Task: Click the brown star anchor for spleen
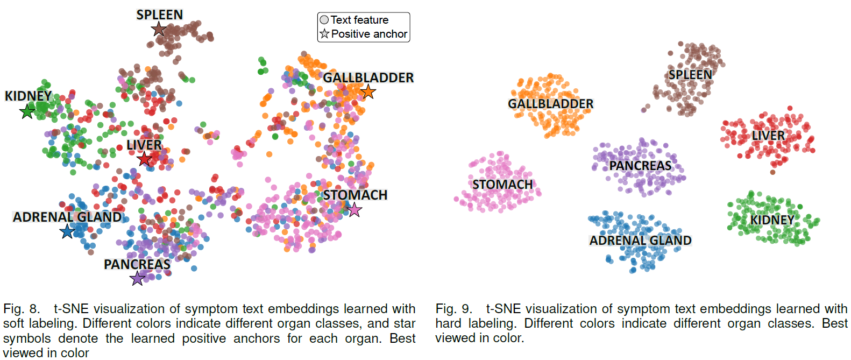159,29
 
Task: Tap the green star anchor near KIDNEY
27,112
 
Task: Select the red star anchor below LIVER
144,159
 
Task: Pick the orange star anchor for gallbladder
368,91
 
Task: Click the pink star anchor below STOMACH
354,209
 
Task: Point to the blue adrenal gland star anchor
67,231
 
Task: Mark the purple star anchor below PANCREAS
138,279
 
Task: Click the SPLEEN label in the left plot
160,15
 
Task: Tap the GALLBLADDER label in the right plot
551,104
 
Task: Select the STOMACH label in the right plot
502,185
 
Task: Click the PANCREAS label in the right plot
641,166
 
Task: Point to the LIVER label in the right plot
768,135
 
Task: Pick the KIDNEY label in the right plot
772,220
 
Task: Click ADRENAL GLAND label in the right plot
641,241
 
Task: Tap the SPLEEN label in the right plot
690,75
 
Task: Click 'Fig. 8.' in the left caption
22,309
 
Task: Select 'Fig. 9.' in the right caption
453,309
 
